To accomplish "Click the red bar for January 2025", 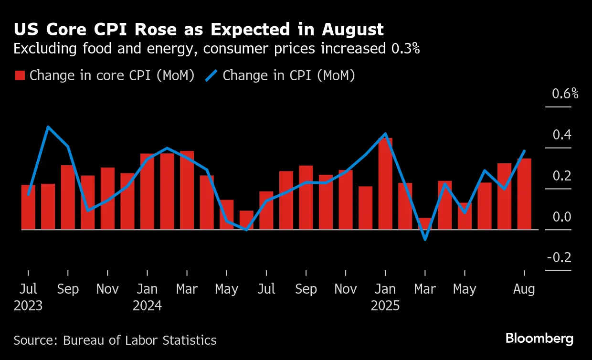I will click(x=385, y=184).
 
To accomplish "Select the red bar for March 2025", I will click(x=425, y=224).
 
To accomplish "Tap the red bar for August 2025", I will click(x=524, y=194).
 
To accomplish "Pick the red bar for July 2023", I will click(x=28, y=207).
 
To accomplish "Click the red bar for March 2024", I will click(x=187, y=190).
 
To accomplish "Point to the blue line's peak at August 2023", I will click(x=48, y=127).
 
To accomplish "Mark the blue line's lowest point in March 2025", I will click(x=425, y=239).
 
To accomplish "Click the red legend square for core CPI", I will click(x=20, y=76).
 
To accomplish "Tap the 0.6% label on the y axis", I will click(x=565, y=94).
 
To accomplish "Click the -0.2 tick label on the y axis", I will click(x=559, y=258).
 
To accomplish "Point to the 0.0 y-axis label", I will click(x=562, y=217).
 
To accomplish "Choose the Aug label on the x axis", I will click(x=524, y=289).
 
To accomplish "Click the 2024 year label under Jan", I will click(x=147, y=306).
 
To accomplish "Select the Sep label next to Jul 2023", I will click(x=68, y=289).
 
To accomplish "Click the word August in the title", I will click(x=352, y=30).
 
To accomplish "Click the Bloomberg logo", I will click(x=539, y=339).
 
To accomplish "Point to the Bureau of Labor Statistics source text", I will click(x=139, y=340).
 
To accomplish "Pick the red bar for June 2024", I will click(x=246, y=220).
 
